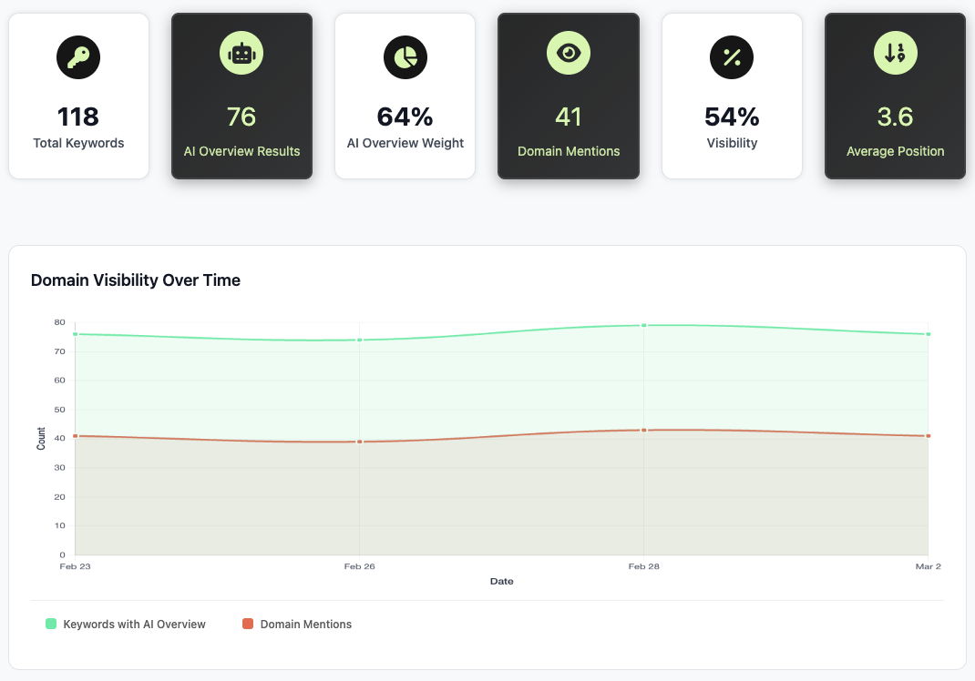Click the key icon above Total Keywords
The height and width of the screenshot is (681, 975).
pyautogui.click(x=78, y=56)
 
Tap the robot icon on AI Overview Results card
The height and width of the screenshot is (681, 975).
pyautogui.click(x=241, y=54)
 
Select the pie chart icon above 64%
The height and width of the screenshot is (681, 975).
pyautogui.click(x=405, y=56)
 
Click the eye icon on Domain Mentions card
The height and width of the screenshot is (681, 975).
pyautogui.click(x=569, y=54)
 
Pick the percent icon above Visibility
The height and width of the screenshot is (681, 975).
pyautogui.click(x=732, y=56)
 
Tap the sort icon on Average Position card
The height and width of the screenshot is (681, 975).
pyautogui.click(x=895, y=54)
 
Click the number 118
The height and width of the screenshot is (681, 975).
pyautogui.click(x=78, y=117)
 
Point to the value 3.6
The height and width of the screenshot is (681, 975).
pyautogui.click(x=895, y=117)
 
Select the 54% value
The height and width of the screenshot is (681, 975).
pyautogui.click(x=732, y=117)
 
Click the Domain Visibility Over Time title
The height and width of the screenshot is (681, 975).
pyautogui.click(x=136, y=280)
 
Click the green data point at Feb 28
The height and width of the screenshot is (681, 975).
pyautogui.click(x=643, y=325)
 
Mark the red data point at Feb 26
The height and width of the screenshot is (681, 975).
pyautogui.click(x=360, y=442)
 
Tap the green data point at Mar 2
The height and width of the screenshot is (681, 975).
pyautogui.click(x=928, y=334)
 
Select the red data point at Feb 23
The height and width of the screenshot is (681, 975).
pyautogui.click(x=75, y=436)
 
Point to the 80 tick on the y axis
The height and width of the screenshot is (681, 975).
pyautogui.click(x=59, y=322)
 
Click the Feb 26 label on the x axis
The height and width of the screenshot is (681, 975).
pyautogui.click(x=360, y=566)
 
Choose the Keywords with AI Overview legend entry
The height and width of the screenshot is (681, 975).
pyautogui.click(x=134, y=625)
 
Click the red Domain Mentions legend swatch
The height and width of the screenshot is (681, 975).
pyautogui.click(x=248, y=625)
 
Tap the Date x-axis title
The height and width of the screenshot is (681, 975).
pyautogui.click(x=501, y=581)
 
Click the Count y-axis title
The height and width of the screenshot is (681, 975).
pyautogui.click(x=41, y=439)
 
